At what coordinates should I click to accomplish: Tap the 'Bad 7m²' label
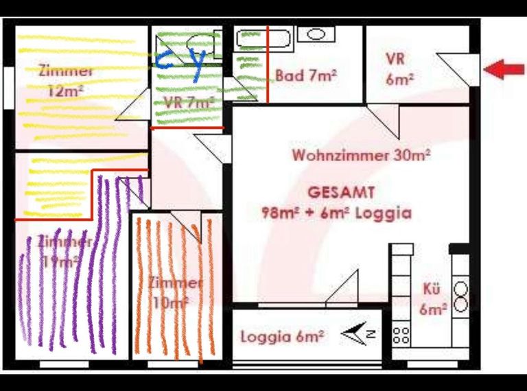point(306,75)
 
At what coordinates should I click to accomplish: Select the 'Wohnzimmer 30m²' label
point(361,155)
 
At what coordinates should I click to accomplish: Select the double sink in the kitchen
point(460,296)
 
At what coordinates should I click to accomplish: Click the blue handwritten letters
point(180,60)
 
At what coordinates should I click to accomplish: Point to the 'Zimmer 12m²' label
point(66,80)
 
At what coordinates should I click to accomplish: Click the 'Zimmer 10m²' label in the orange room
point(176,291)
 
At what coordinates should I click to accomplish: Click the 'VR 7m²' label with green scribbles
point(189,102)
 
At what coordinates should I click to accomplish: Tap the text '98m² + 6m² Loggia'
point(336,213)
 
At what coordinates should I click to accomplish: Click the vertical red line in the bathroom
point(267,64)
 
